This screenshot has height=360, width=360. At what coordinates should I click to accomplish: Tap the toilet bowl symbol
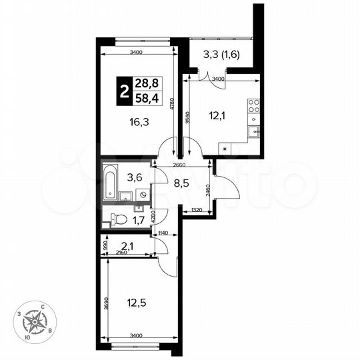click(118, 218)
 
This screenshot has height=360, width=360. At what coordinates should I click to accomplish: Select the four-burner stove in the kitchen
click(253, 106)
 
